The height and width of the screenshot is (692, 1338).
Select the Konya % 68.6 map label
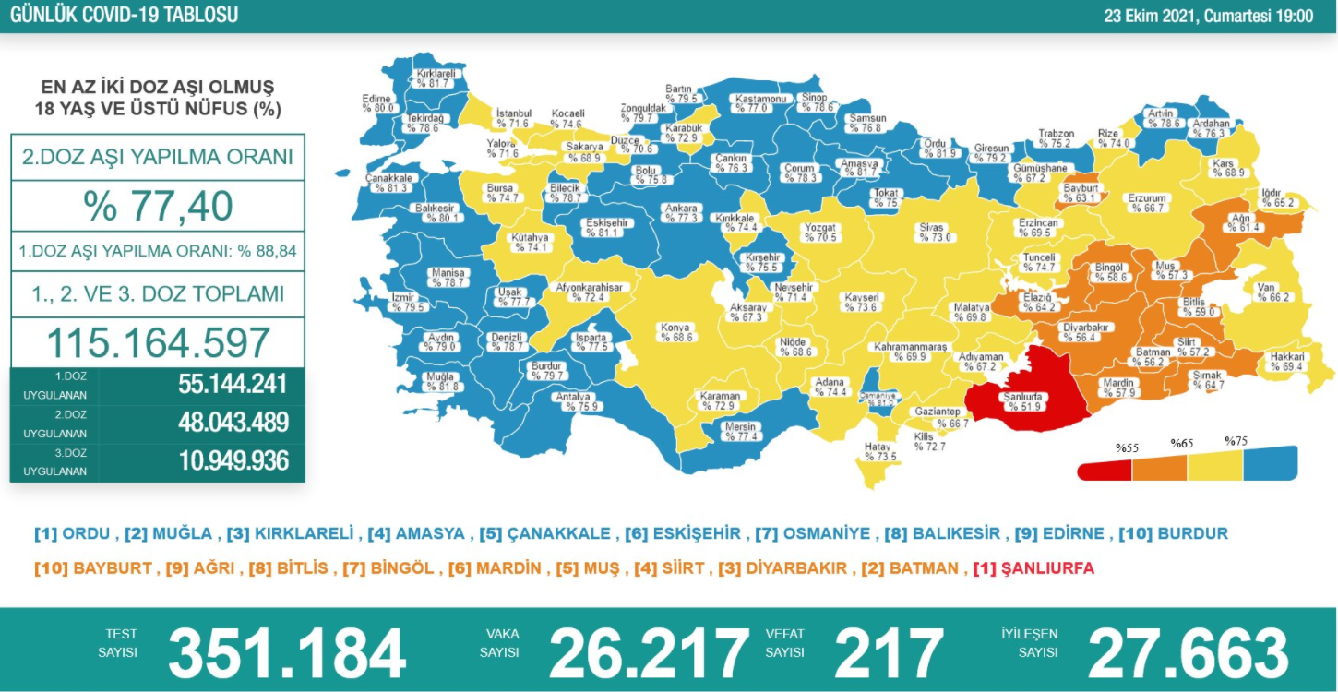coord(675,333)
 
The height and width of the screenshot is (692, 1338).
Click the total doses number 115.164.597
coord(158,342)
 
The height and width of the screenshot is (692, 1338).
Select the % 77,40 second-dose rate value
coord(158,206)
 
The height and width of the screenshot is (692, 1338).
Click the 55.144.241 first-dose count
coord(233,385)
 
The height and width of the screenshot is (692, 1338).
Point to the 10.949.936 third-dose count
coord(233,460)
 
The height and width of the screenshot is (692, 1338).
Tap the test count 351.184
coord(287,652)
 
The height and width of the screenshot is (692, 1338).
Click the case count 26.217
coord(649,652)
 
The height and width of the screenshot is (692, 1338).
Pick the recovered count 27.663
coord(1189,652)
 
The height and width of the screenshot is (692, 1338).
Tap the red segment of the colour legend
coord(1105,470)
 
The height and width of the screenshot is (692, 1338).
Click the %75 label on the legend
coord(1236,442)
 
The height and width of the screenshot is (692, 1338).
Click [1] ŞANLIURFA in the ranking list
coord(1033,568)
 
